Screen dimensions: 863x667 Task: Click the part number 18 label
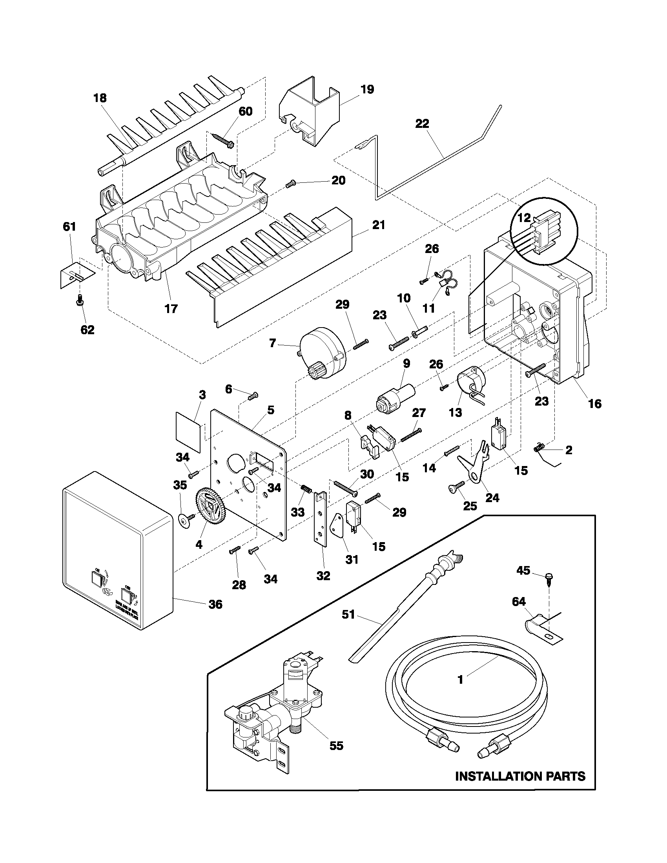click(100, 98)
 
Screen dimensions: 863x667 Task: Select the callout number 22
click(422, 123)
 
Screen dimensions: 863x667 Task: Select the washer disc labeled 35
click(184, 521)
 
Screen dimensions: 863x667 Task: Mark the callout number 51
click(348, 614)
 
